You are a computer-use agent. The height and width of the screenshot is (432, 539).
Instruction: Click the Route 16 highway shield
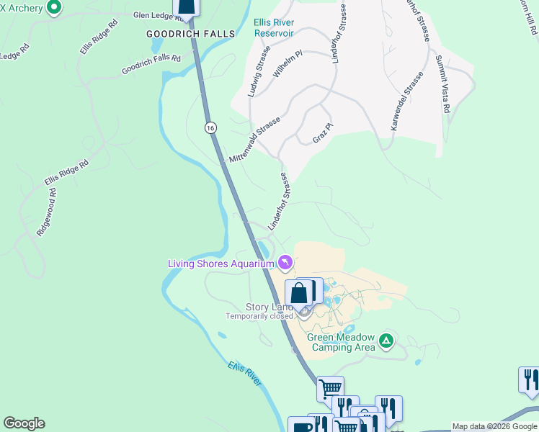(x=210, y=127)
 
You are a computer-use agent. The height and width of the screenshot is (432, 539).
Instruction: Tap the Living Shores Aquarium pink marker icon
(x=285, y=263)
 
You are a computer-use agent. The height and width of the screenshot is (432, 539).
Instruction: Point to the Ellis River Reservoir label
(x=274, y=27)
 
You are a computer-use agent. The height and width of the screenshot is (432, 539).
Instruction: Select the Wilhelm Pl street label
(x=288, y=64)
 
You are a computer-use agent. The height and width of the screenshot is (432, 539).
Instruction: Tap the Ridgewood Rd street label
(x=45, y=213)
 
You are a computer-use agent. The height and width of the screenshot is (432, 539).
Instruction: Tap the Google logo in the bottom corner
(x=24, y=423)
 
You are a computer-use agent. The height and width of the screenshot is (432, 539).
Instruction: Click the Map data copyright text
(x=494, y=427)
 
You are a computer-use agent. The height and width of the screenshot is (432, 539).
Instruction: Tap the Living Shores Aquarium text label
(x=220, y=264)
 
